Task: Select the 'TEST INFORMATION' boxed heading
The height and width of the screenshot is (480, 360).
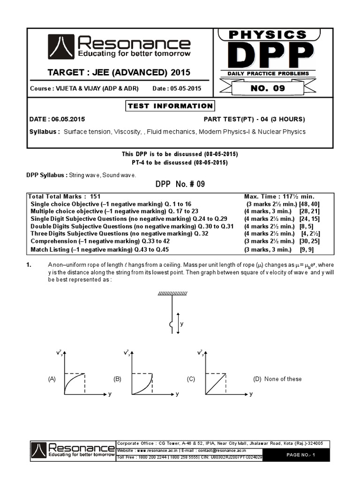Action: [170, 106]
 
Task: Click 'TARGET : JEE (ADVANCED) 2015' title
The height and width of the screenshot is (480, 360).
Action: [120, 73]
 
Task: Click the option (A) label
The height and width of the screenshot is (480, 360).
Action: [52, 379]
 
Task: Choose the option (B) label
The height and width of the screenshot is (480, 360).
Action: [117, 379]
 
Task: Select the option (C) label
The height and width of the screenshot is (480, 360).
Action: [191, 379]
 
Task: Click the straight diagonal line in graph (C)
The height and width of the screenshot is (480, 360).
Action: [216, 382]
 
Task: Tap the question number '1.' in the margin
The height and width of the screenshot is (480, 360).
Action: [29, 265]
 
